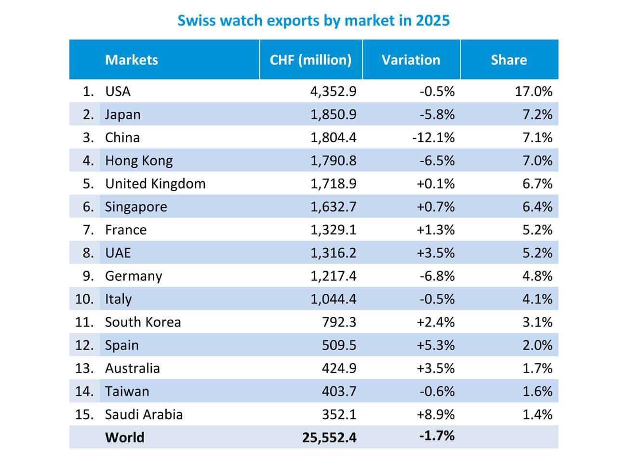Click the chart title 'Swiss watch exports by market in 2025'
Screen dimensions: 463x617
[313, 21]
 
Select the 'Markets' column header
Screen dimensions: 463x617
[131, 60]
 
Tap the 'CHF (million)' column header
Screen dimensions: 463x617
[310, 60]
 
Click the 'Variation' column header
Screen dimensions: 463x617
[411, 60]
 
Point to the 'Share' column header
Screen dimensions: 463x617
[509, 60]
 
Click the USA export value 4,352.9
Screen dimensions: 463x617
[333, 92]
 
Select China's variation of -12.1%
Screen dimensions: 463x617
[433, 138]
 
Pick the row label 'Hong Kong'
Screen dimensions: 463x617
[139, 161]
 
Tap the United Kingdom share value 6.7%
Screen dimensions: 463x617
[537, 184]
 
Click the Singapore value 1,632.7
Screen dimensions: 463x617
[333, 207]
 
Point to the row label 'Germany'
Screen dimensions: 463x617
[134, 276]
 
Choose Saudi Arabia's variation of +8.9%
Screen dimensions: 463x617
[435, 415]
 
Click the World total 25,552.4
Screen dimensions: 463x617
[329, 437]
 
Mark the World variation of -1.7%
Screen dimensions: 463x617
[437, 436]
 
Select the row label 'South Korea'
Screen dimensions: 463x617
[143, 322]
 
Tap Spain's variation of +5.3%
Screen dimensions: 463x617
[435, 345]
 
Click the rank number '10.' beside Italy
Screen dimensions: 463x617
[84, 299]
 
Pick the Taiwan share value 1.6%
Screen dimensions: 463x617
[537, 391]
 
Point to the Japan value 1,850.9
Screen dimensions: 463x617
[333, 115]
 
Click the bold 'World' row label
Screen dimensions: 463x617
[124, 437]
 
